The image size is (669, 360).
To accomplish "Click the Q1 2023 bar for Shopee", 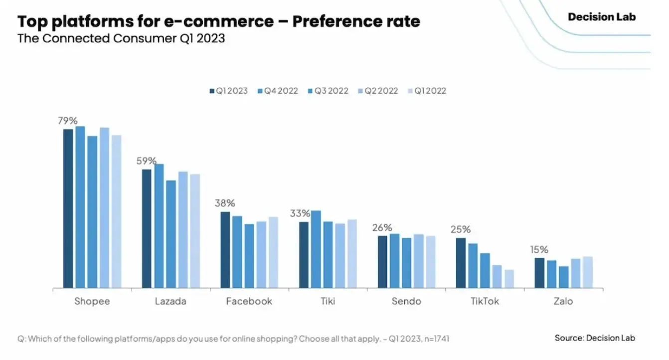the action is pyautogui.click(x=68, y=208).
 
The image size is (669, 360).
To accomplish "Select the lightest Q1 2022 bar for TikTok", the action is pyautogui.click(x=509, y=279).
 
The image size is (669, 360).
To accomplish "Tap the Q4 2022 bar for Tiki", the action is pyautogui.click(x=316, y=249).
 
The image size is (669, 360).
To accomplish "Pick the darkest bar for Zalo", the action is pyautogui.click(x=539, y=273).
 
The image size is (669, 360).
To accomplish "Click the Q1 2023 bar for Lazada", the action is pyautogui.click(x=147, y=229).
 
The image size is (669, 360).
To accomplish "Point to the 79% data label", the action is pyautogui.click(x=68, y=121).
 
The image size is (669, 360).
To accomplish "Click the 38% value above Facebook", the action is pyautogui.click(x=225, y=203).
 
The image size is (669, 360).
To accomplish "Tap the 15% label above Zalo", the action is pyautogui.click(x=539, y=249).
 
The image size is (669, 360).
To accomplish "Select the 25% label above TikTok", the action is pyautogui.click(x=461, y=229).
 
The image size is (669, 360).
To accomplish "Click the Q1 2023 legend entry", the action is pyautogui.click(x=229, y=91).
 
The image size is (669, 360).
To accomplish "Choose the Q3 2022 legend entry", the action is pyautogui.click(x=328, y=91).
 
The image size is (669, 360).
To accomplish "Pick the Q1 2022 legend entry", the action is pyautogui.click(x=427, y=91).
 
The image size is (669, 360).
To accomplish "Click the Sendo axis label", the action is pyautogui.click(x=406, y=301).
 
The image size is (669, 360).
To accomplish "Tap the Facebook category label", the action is pyautogui.click(x=249, y=301).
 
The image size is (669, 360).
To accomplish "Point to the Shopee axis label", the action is pyautogui.click(x=92, y=302).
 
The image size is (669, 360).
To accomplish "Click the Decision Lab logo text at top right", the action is pyautogui.click(x=602, y=17).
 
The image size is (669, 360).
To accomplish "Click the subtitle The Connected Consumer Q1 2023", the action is pyautogui.click(x=121, y=38).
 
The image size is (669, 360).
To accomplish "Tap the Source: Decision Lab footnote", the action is pyautogui.click(x=595, y=338).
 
